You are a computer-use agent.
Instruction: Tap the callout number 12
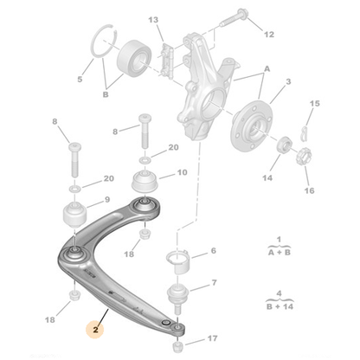(x=269, y=35)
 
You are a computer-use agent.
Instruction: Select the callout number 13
(x=153, y=19)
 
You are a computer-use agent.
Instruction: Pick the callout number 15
(x=314, y=104)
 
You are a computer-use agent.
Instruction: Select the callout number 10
(x=182, y=172)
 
